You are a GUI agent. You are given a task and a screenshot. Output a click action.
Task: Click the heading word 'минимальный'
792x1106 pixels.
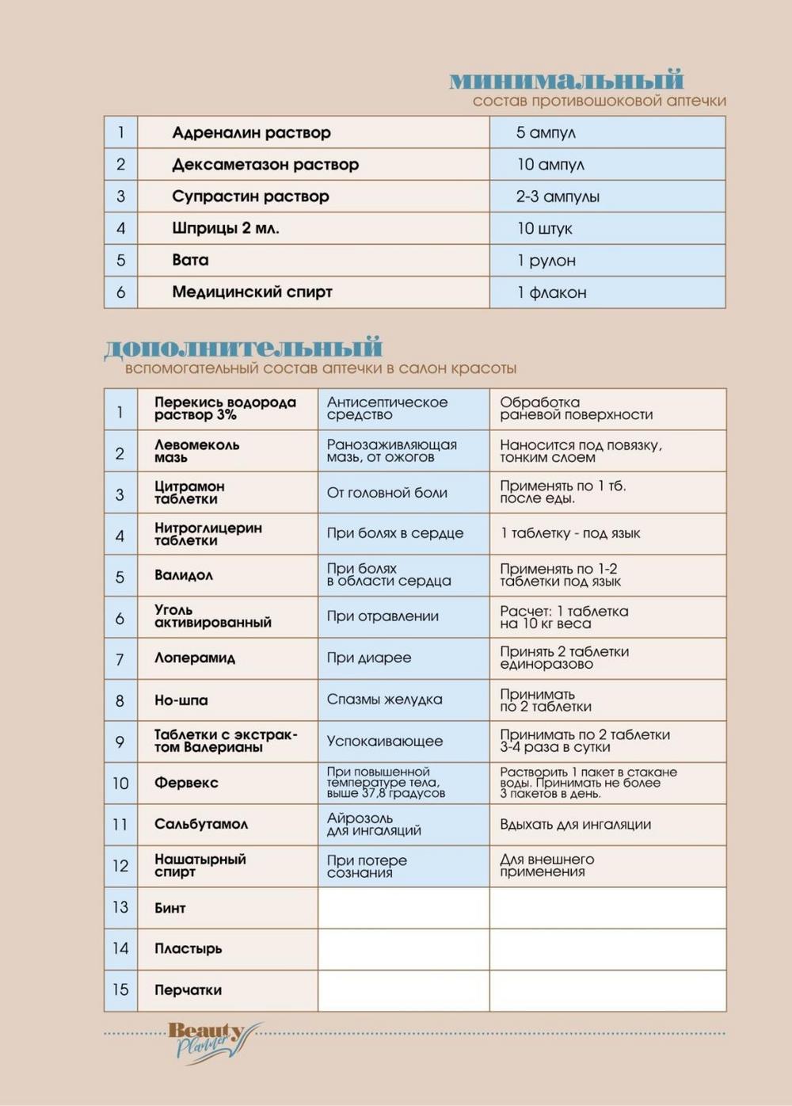tap(566, 80)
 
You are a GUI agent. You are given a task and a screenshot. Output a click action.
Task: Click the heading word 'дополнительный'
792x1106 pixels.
tap(243, 348)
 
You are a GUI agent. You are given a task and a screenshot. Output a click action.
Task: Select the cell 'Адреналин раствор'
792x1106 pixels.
tap(251, 133)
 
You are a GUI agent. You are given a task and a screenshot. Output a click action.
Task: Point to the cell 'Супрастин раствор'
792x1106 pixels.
tap(250, 196)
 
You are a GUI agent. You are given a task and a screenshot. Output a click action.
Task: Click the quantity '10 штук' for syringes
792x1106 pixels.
tap(544, 229)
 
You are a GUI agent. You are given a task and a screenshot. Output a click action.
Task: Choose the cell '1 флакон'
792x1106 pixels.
tap(551, 292)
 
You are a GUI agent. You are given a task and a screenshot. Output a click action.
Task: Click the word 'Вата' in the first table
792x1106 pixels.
tap(190, 260)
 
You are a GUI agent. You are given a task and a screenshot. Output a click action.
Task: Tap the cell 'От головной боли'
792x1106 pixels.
tap(386, 493)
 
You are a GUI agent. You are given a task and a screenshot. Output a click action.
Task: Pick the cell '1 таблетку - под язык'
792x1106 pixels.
tap(570, 533)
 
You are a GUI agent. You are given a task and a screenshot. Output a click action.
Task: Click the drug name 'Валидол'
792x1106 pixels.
tap(184, 575)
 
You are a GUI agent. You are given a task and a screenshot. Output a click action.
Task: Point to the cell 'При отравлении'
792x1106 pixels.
tap(383, 616)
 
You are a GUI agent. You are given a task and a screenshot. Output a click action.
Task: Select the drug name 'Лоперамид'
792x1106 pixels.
tap(195, 658)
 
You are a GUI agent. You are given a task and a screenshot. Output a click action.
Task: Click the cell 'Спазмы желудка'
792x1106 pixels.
tap(384, 700)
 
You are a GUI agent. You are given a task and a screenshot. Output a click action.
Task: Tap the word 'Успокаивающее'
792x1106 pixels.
tap(384, 742)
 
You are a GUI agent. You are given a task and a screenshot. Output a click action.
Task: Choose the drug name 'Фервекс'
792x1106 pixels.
tap(186, 783)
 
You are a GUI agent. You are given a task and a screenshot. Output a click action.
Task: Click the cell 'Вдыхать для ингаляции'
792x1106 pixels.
tap(575, 825)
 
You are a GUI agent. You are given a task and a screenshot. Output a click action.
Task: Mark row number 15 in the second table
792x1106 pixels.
tap(120, 990)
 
